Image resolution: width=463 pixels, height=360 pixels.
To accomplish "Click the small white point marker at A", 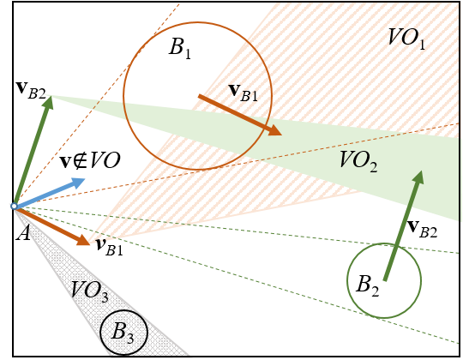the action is [x=14, y=207].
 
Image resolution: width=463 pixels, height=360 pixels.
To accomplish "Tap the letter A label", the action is [x=23, y=233].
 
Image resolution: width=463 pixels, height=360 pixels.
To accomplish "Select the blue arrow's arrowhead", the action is [x=78, y=183].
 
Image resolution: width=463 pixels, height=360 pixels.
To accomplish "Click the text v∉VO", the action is [x=90, y=160].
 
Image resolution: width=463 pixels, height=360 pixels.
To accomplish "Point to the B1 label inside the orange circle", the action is [x=180, y=47].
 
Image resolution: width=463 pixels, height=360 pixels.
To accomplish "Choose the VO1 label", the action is [x=406, y=39].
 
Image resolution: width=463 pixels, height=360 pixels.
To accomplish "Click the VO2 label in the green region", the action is [x=358, y=161].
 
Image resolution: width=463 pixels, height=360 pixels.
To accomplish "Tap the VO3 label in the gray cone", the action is [x=90, y=291].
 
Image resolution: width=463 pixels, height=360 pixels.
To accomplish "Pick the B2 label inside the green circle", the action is [x=368, y=285].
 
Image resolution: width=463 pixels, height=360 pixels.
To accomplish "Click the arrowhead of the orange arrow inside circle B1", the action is [x=274, y=130].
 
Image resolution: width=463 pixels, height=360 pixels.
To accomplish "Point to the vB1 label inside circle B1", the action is [x=244, y=93].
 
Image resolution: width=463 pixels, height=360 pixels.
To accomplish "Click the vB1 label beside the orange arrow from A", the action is [x=109, y=247].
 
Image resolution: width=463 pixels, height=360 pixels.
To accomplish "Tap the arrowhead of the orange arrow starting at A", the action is [x=83, y=240].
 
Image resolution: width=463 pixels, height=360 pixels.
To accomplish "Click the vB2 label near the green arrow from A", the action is [x=31, y=90].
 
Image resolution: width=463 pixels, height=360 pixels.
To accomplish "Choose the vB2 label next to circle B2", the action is [x=422, y=229].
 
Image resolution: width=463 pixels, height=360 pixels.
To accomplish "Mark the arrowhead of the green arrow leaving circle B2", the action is [x=418, y=177].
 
